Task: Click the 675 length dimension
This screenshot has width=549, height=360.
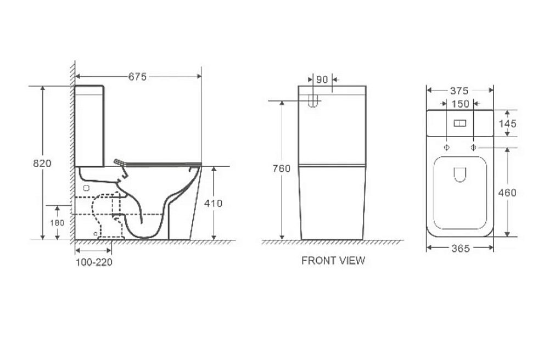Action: (137, 77)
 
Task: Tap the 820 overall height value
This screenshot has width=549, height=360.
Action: (42, 163)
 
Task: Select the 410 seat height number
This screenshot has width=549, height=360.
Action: (213, 203)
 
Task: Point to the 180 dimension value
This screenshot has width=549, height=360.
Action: (57, 223)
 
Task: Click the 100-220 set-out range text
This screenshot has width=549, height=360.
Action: (94, 262)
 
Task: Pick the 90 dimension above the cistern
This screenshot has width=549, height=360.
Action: (322, 80)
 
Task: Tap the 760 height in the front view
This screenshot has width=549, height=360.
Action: (282, 168)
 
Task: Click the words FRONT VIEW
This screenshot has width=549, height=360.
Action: (333, 261)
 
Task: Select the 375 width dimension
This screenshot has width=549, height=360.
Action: (459, 91)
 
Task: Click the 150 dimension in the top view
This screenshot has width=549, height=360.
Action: (460, 104)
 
